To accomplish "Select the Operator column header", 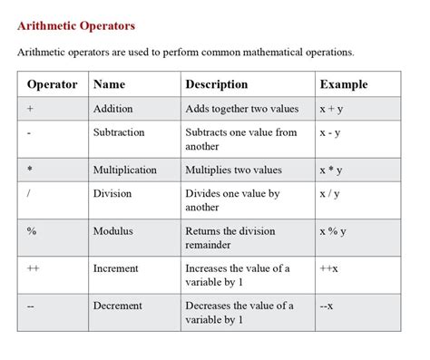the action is click(x=53, y=84).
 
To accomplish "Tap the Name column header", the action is click(x=109, y=84).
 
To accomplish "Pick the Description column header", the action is click(x=216, y=84).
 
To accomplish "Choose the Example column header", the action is click(x=343, y=84).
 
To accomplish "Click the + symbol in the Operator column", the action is click(x=31, y=109).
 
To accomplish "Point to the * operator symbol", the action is click(x=31, y=170).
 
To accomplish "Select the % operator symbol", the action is click(x=32, y=231).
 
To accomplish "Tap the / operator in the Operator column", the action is click(x=30, y=193).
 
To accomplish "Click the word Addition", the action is click(x=112, y=109).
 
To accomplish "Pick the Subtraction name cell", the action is click(x=119, y=132).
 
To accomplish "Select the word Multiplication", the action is click(x=124, y=170).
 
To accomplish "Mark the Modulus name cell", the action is click(x=112, y=231).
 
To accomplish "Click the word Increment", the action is click(x=115, y=268).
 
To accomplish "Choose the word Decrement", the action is click(x=117, y=306).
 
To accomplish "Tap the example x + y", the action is click(x=331, y=109).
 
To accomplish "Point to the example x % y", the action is click(x=333, y=231).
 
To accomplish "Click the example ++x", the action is click(x=328, y=268).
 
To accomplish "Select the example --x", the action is click(x=327, y=306).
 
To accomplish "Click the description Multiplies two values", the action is click(x=233, y=170).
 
